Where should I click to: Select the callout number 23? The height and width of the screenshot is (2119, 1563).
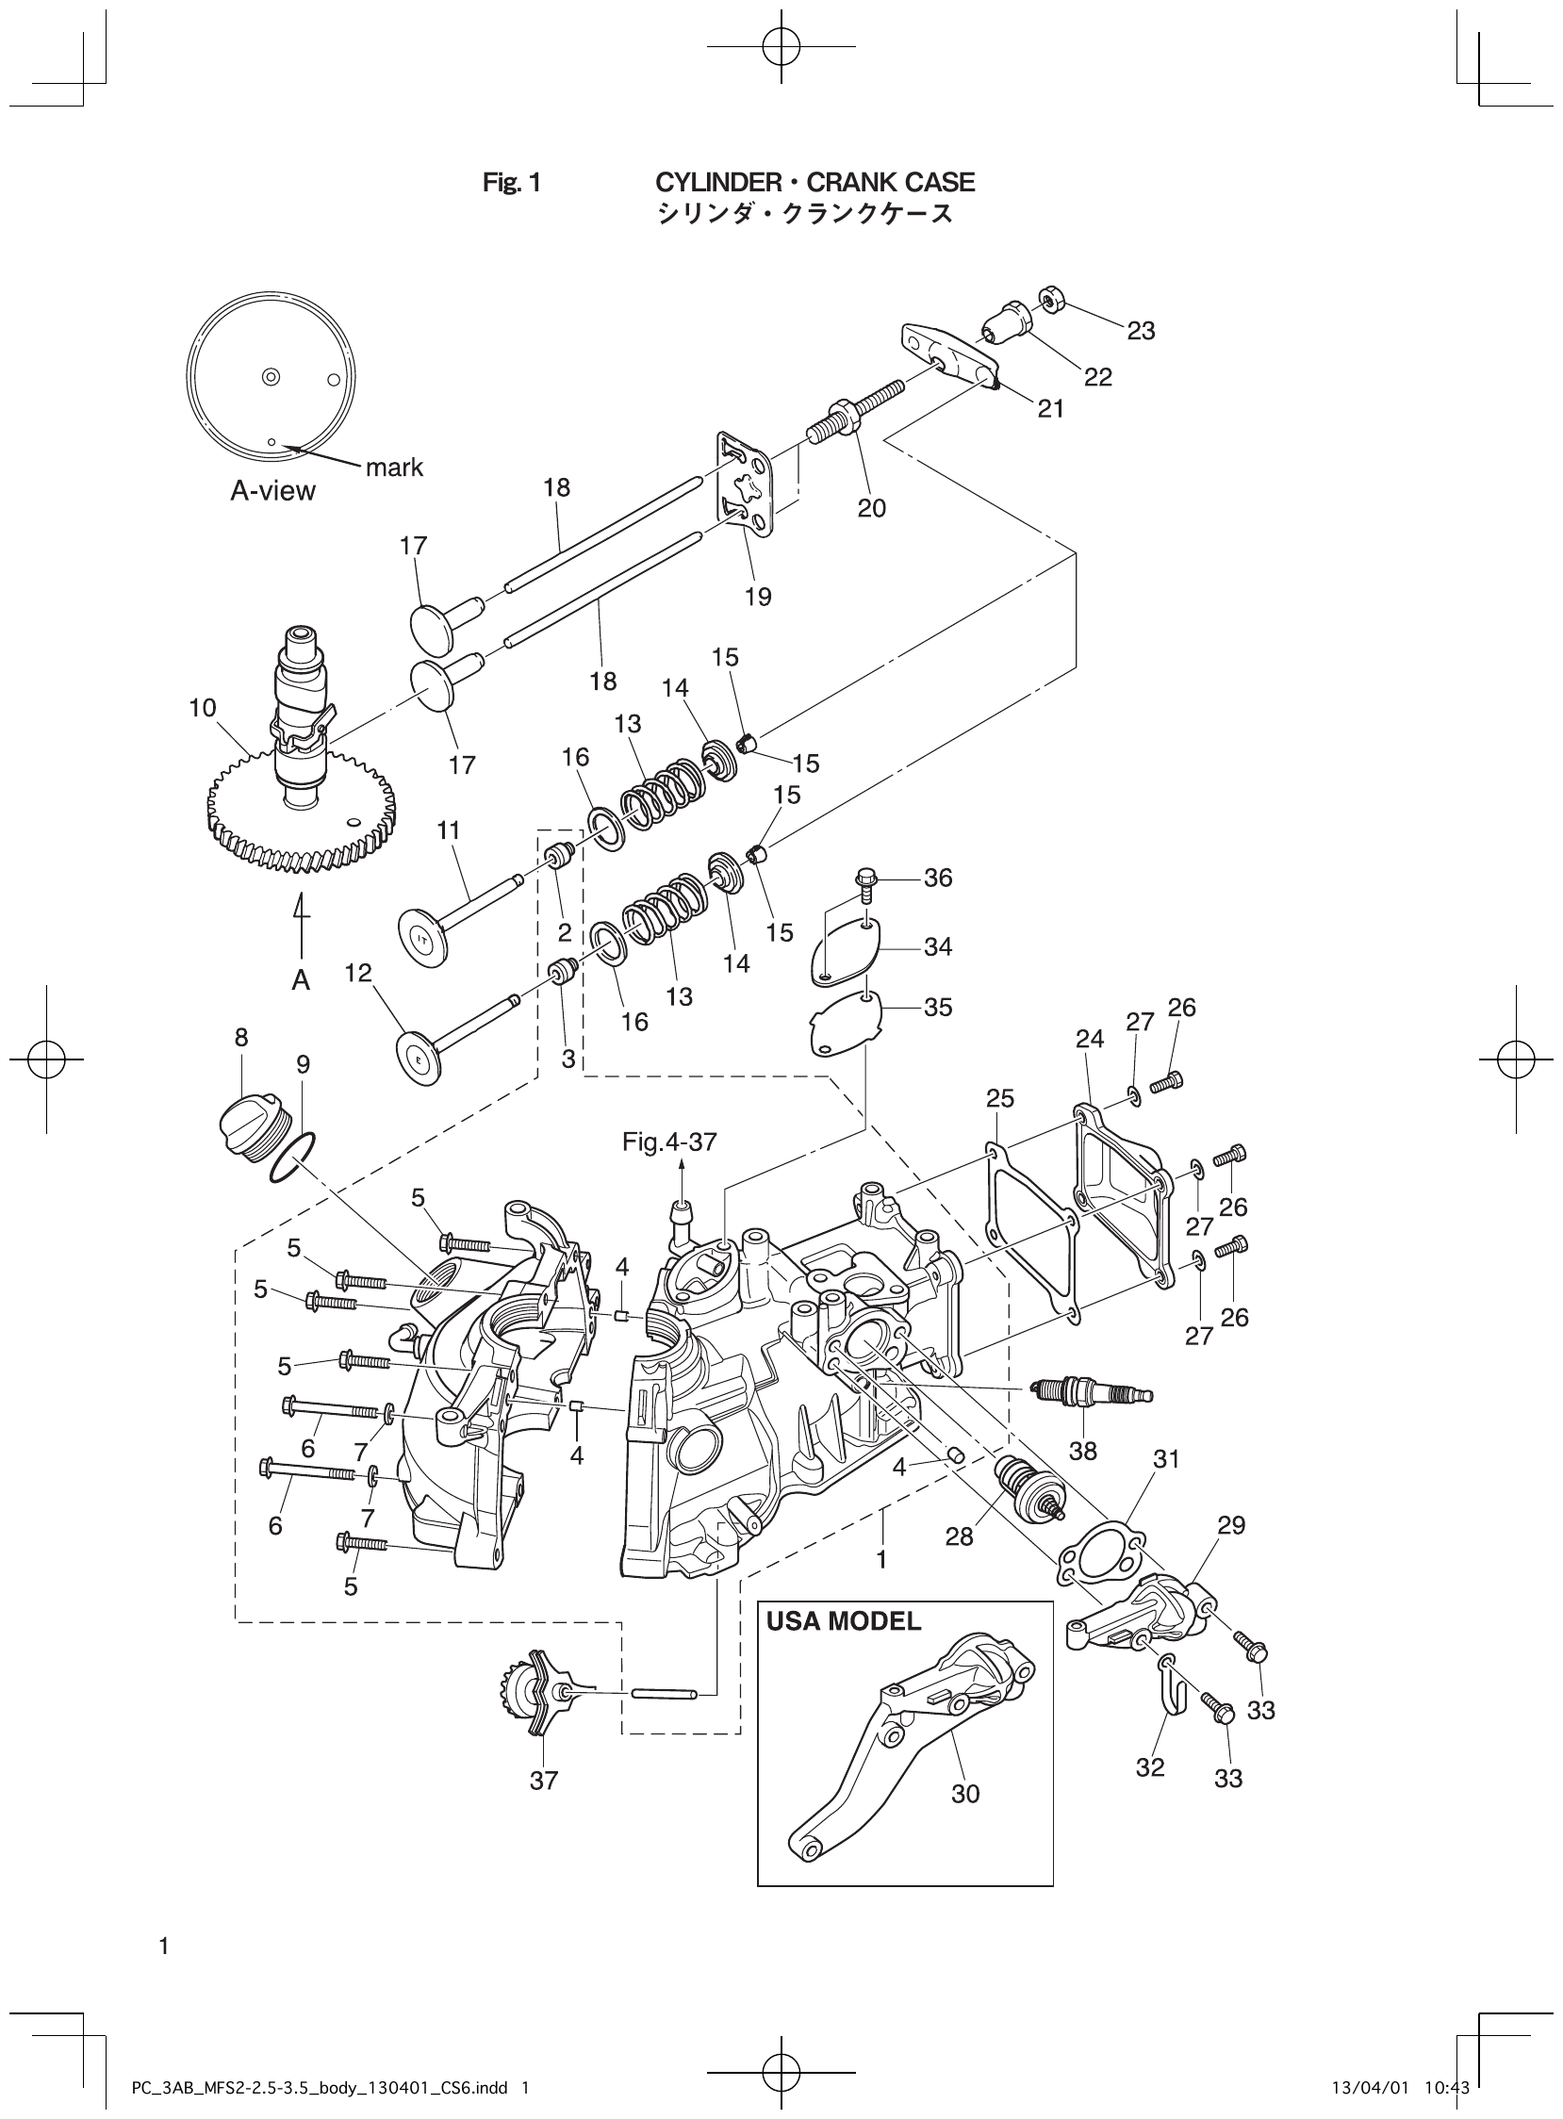coord(1141,330)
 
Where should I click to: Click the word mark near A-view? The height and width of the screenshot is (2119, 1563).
coord(394,468)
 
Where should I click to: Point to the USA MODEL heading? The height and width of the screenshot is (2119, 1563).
coord(843,1621)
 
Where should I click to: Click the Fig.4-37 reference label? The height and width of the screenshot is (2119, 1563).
coord(669,1142)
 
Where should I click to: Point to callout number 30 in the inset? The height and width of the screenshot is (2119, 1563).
coord(965,1794)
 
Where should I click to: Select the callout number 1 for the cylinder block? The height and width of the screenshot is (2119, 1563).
coord(881,1559)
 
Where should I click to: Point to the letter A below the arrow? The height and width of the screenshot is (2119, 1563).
coord(301,981)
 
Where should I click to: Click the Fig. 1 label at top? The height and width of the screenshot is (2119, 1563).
coord(511,183)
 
